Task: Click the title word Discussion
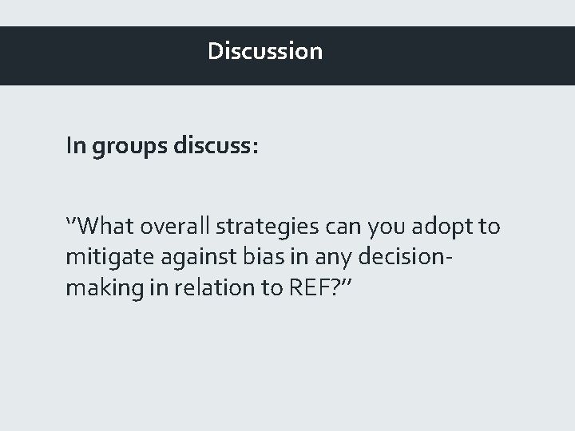(265, 51)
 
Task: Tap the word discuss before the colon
(212, 147)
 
